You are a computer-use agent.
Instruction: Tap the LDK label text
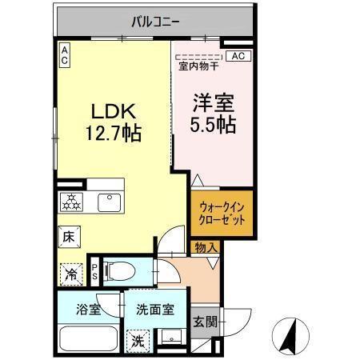click(114, 113)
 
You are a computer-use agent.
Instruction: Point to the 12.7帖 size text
click(114, 134)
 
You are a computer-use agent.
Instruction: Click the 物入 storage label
click(206, 247)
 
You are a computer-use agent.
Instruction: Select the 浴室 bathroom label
click(89, 309)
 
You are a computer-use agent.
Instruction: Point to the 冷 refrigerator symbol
click(70, 274)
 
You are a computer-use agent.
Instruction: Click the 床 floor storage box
click(69, 237)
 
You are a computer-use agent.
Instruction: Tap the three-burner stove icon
click(71, 202)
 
